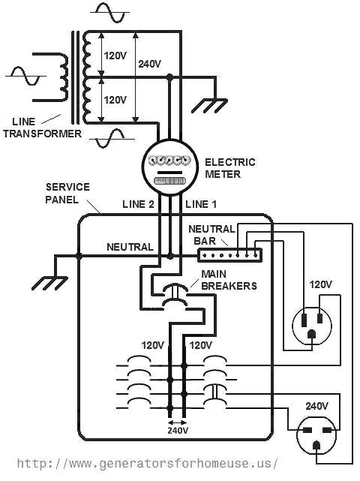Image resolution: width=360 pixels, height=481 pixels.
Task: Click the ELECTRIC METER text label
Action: pos(229,168)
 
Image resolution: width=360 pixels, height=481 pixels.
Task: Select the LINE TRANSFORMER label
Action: pos(41,128)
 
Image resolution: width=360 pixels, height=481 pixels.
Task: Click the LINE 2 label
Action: pos(138,204)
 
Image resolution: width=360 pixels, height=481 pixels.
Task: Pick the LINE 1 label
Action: pos(201,204)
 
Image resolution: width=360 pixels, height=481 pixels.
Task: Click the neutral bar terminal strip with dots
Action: pos(229,255)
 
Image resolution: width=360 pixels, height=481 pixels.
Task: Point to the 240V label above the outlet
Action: pos(317,405)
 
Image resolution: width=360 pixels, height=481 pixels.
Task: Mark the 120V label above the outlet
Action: pos(321,284)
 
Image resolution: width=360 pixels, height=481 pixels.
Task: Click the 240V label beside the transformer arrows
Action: pos(150,64)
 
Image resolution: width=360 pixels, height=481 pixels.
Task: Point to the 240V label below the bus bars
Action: pos(177,431)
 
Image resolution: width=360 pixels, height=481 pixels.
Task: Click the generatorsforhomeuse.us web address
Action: pos(147,463)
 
